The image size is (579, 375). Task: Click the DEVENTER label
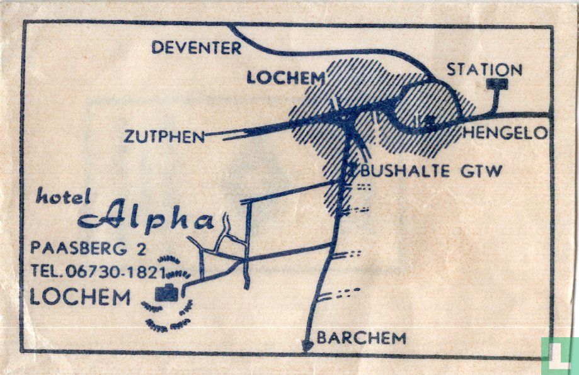(x=197, y=48)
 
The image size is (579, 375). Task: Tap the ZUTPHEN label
(x=164, y=137)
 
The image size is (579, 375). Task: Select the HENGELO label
(x=505, y=133)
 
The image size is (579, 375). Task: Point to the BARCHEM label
(x=362, y=338)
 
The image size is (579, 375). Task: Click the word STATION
(x=484, y=69)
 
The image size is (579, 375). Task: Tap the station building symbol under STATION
(x=497, y=84)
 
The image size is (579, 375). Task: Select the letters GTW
(x=481, y=171)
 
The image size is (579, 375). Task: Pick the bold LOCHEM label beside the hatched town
(x=286, y=78)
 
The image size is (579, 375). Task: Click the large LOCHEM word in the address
(x=80, y=297)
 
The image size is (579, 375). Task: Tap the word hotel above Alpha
(x=63, y=196)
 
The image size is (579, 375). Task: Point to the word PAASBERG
(x=79, y=248)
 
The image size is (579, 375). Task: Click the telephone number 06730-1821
(x=115, y=272)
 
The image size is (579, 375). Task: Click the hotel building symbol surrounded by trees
(x=166, y=293)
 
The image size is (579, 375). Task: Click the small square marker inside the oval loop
(x=430, y=119)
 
